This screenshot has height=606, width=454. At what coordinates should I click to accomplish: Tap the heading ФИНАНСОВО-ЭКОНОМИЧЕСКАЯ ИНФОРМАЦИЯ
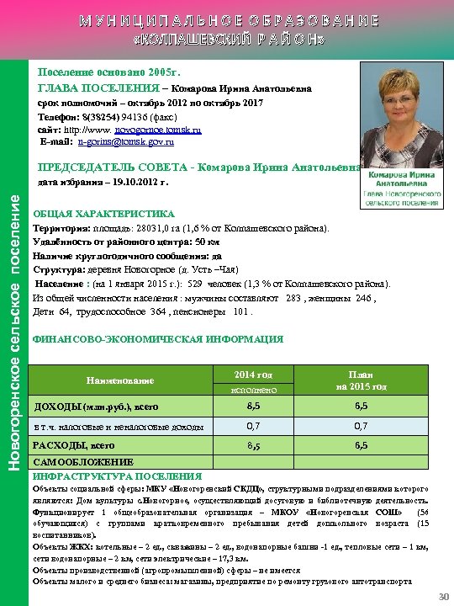pyautogui.click(x=157, y=339)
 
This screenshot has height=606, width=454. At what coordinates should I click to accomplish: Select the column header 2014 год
pyautogui.click(x=253, y=374)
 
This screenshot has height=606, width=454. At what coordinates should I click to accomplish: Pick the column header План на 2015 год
pyautogui.click(x=360, y=380)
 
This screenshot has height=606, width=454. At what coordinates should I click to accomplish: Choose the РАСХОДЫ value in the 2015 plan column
pyautogui.click(x=360, y=445)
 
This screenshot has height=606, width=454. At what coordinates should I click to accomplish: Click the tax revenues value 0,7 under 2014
pyautogui.click(x=253, y=426)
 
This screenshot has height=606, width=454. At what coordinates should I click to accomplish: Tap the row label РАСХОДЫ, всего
pyautogui.click(x=73, y=445)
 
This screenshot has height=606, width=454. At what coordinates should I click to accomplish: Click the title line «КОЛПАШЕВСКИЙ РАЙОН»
pyautogui.click(x=227, y=40)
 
